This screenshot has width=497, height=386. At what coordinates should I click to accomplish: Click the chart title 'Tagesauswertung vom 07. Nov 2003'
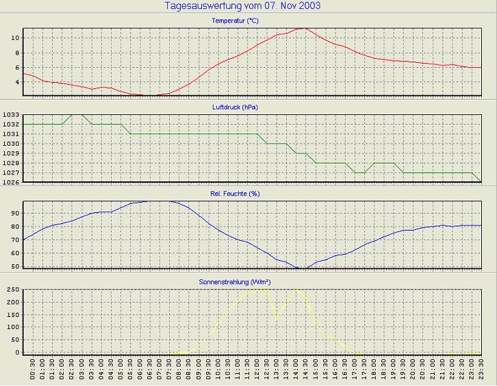click(x=243, y=6)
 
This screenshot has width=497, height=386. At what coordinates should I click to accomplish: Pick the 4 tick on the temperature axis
click(x=16, y=82)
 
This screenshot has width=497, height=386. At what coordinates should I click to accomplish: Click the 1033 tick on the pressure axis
click(x=10, y=115)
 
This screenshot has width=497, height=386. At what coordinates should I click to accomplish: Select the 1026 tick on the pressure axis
click(x=10, y=182)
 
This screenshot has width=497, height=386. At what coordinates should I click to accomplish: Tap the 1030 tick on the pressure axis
click(x=10, y=144)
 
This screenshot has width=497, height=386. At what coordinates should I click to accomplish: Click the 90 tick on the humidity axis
click(x=14, y=213)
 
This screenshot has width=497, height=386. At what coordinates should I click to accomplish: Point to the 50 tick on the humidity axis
click(x=14, y=266)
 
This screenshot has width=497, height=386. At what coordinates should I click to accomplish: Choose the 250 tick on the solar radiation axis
click(x=12, y=290)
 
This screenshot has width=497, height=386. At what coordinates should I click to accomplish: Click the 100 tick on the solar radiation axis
click(x=12, y=327)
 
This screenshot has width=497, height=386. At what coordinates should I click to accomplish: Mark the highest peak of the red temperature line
click(x=303, y=28)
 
